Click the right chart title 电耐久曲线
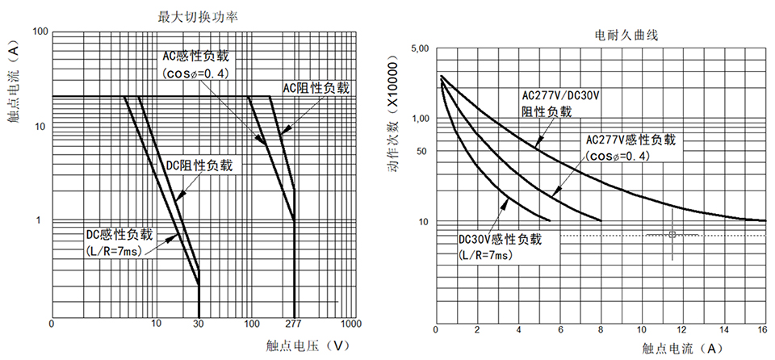627,36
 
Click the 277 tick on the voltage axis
293,324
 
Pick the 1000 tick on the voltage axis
350,324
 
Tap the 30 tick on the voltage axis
199,324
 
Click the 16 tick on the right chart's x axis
762,330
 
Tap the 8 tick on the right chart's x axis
600,330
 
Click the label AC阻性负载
315,88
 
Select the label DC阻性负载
199,165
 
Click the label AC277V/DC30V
559,96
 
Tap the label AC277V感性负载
635,140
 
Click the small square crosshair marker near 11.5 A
672,235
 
